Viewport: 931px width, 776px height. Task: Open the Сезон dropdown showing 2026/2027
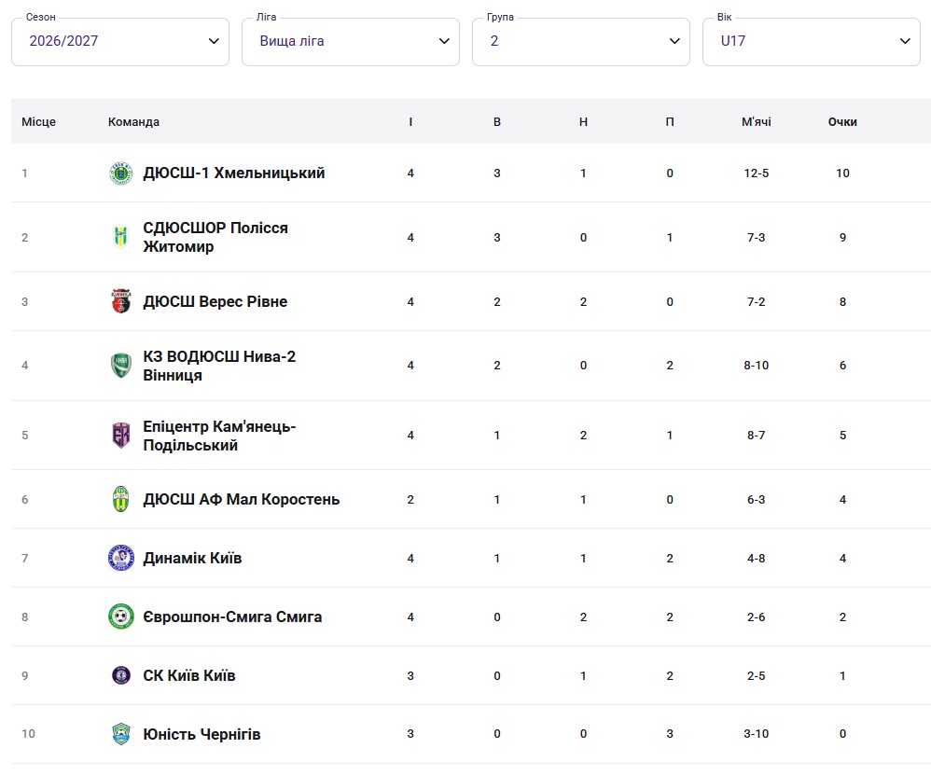click(120, 42)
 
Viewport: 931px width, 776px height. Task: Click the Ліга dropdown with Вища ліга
click(351, 42)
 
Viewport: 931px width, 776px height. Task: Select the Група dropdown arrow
click(674, 41)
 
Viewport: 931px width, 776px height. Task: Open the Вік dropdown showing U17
click(811, 42)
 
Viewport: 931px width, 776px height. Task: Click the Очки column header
click(842, 121)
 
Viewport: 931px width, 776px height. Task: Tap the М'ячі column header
click(756, 121)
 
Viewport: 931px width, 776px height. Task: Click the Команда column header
click(133, 121)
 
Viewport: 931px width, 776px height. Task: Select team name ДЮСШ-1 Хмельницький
click(234, 173)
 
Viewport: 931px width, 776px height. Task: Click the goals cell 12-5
click(756, 173)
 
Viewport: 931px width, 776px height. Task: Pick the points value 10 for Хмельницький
click(842, 173)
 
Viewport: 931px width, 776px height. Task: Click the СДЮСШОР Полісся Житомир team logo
click(120, 237)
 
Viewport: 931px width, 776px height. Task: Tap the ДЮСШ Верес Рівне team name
click(215, 301)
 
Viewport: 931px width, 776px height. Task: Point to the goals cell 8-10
click(756, 365)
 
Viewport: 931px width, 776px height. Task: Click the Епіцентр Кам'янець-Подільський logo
click(120, 436)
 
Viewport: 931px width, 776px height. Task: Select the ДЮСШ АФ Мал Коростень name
click(241, 499)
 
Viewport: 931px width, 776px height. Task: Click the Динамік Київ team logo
click(120, 558)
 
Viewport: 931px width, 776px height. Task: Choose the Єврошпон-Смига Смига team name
click(232, 617)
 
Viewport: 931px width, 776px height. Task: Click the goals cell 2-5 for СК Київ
click(756, 675)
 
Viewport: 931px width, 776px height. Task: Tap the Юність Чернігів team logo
click(120, 734)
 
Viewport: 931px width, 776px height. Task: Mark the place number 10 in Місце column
click(29, 734)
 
